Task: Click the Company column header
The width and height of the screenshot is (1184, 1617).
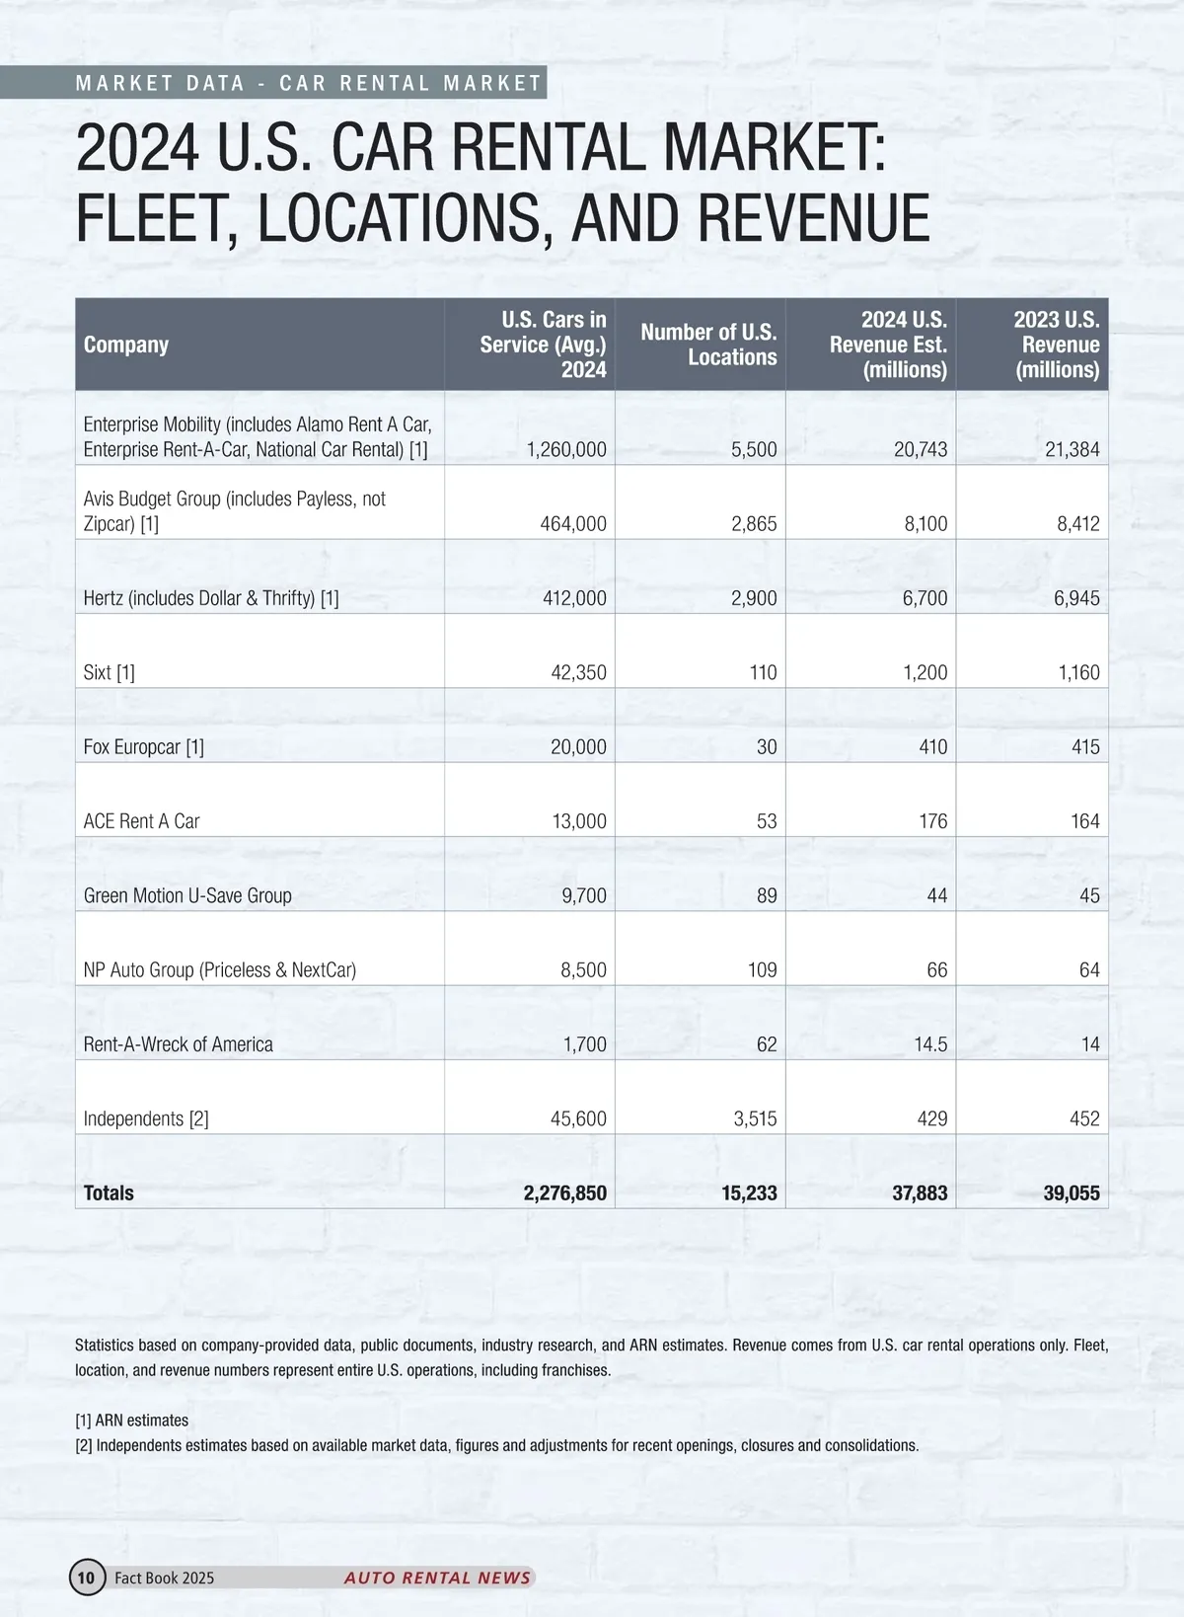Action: (126, 345)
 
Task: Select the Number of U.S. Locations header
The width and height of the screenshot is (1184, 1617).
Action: (708, 345)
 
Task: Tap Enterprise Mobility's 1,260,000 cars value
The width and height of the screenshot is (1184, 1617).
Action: (566, 450)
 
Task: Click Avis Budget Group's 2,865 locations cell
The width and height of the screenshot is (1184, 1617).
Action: (754, 524)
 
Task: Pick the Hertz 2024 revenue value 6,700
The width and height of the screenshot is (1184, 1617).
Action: (925, 598)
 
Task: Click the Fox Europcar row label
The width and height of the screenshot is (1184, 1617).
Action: (144, 747)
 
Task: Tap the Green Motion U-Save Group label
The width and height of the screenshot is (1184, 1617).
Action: (187, 896)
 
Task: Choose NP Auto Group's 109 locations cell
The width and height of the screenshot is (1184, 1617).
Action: (762, 970)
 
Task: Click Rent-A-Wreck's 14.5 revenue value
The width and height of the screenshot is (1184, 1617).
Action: (930, 1044)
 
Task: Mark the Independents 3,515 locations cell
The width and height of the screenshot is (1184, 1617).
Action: (754, 1119)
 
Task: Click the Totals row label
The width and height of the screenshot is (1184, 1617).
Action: (109, 1193)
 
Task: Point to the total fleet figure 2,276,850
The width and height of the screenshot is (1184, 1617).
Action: (564, 1193)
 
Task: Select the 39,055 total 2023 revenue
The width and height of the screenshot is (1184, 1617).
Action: (1072, 1193)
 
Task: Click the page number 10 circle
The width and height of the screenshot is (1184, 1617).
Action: (87, 1578)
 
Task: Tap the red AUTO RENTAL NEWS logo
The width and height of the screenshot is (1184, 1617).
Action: (438, 1578)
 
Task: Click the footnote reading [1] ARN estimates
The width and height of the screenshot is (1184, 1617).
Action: (132, 1421)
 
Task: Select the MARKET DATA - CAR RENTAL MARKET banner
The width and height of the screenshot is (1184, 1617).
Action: (309, 84)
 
